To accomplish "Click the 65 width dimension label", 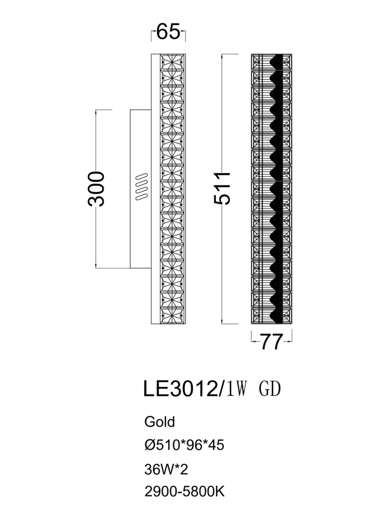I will tap(168, 32).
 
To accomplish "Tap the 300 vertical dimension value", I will tap(97, 189).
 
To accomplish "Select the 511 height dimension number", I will tap(223, 188).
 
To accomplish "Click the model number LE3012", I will tap(180, 389).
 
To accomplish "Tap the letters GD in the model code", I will tap(269, 389).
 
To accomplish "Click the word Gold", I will tap(159, 422).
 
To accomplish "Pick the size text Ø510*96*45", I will tap(184, 445).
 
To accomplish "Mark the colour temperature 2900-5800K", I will tap(184, 492).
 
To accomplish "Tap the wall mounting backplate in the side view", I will tap(141, 228).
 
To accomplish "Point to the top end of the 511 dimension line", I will tap(222, 54).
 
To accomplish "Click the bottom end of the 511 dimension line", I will tap(222, 324).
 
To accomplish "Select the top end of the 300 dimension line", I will tap(96, 110).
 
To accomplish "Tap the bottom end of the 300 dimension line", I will tap(96, 268).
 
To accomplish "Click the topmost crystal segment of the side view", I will tap(173, 61).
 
